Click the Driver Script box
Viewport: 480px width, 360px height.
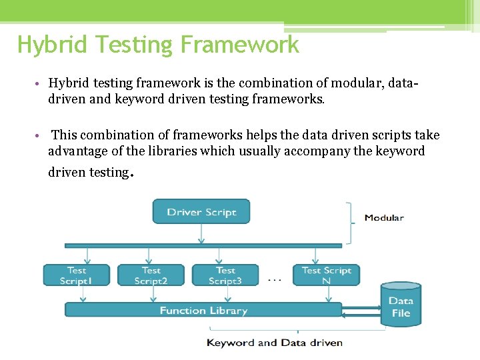pyautogui.click(x=201, y=211)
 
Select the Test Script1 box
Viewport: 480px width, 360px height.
pyautogui.click(x=77, y=275)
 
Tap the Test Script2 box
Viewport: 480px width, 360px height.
pyautogui.click(x=151, y=275)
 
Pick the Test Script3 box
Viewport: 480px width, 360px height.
pyautogui.click(x=225, y=275)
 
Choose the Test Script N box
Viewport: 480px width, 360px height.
pyautogui.click(x=326, y=275)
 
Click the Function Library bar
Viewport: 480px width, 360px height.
pyautogui.click(x=203, y=310)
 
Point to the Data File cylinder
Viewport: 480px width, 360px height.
pyautogui.click(x=401, y=306)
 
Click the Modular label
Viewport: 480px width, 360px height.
pyautogui.click(x=384, y=217)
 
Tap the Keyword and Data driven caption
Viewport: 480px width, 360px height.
pyautogui.click(x=275, y=343)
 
